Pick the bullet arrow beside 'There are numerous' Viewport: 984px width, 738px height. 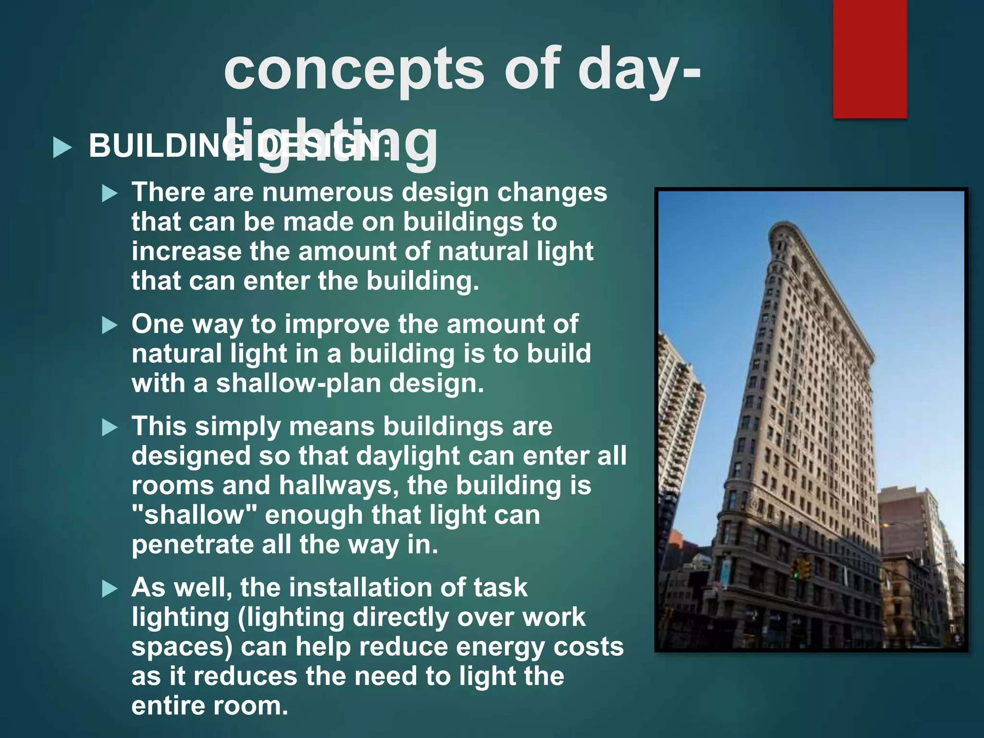coord(110,194)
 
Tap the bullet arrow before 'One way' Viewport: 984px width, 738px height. coord(110,326)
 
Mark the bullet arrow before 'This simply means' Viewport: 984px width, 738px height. coord(110,428)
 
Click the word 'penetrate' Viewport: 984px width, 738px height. coord(192,545)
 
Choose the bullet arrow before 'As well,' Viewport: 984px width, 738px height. coord(110,589)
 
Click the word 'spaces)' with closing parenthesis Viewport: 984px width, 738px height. coord(182,647)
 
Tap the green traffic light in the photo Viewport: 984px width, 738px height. coord(795,574)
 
